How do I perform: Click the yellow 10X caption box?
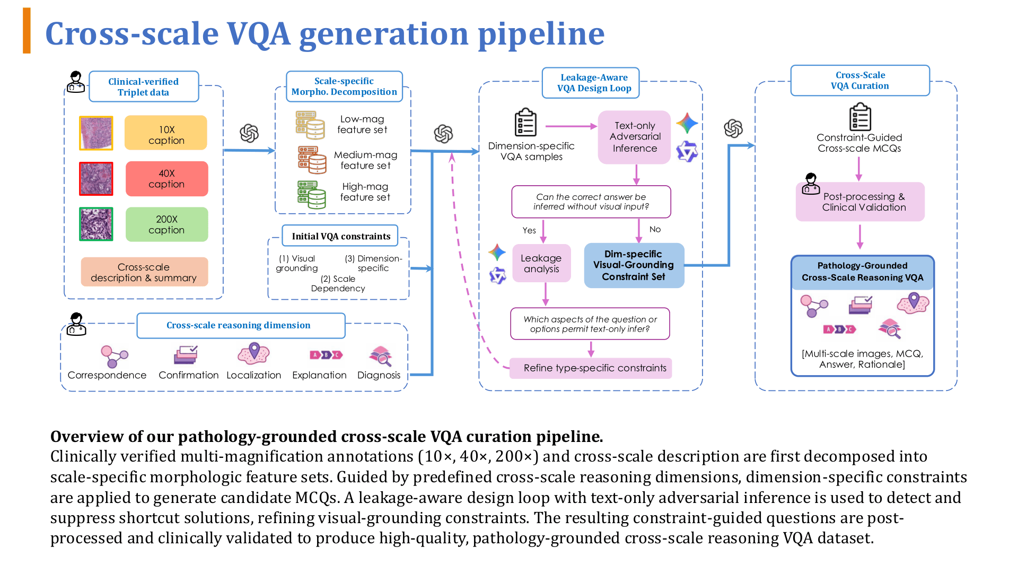[x=166, y=133]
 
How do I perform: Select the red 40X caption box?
[x=166, y=179]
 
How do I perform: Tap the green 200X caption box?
[x=166, y=224]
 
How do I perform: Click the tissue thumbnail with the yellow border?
[x=96, y=133]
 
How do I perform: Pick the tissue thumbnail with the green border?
[x=96, y=224]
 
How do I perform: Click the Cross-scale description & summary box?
[x=144, y=272]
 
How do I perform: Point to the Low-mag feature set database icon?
[x=310, y=125]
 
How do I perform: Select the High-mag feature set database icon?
[x=311, y=195]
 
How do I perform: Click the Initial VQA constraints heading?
[x=340, y=236]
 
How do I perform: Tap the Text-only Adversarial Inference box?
[x=635, y=137]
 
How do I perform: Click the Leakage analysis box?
[x=541, y=263]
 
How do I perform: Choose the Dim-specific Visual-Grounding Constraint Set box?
[x=634, y=265]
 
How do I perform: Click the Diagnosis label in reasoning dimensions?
[x=379, y=375]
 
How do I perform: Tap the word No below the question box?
[x=655, y=229]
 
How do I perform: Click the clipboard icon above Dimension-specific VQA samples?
[x=525, y=123]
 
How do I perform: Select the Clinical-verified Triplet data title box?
[x=144, y=86]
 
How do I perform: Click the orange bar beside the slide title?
[x=27, y=31]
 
